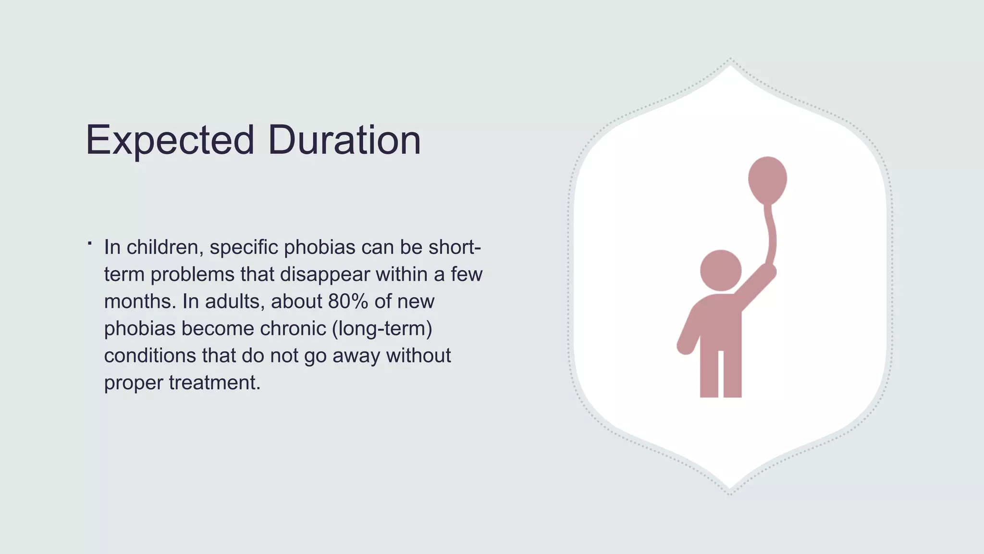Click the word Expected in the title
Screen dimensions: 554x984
tap(170, 140)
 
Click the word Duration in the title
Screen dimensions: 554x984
tap(344, 140)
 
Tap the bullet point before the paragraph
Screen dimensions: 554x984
tap(90, 244)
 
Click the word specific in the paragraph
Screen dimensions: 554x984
tap(244, 248)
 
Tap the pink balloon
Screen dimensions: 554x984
tap(767, 179)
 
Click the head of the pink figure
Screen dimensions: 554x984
tap(720, 270)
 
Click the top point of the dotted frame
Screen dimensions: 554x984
tap(730, 60)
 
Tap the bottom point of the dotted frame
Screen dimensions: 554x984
tap(730, 493)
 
